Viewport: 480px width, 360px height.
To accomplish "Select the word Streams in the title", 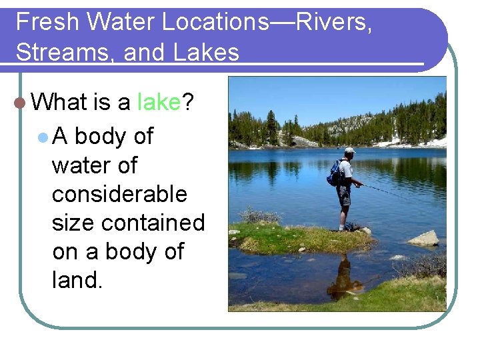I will coord(64,52).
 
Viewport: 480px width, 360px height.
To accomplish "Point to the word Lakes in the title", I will coord(206,52).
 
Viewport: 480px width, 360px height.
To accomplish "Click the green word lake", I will coord(159,102).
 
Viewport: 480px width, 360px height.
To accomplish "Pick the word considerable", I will coord(119,194).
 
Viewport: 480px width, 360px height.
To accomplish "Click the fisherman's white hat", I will coord(349,151).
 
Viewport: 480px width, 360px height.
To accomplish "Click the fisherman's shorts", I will coord(344,195).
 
